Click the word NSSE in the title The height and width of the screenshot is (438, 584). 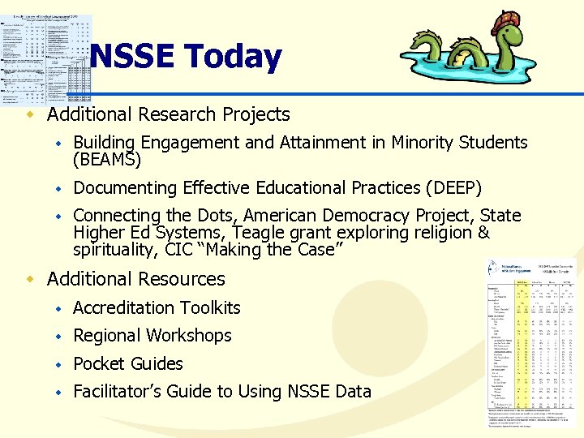(132, 57)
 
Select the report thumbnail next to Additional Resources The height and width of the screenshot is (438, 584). (530, 341)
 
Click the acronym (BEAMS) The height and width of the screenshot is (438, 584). (107, 160)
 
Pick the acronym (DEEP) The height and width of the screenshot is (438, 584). (453, 188)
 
